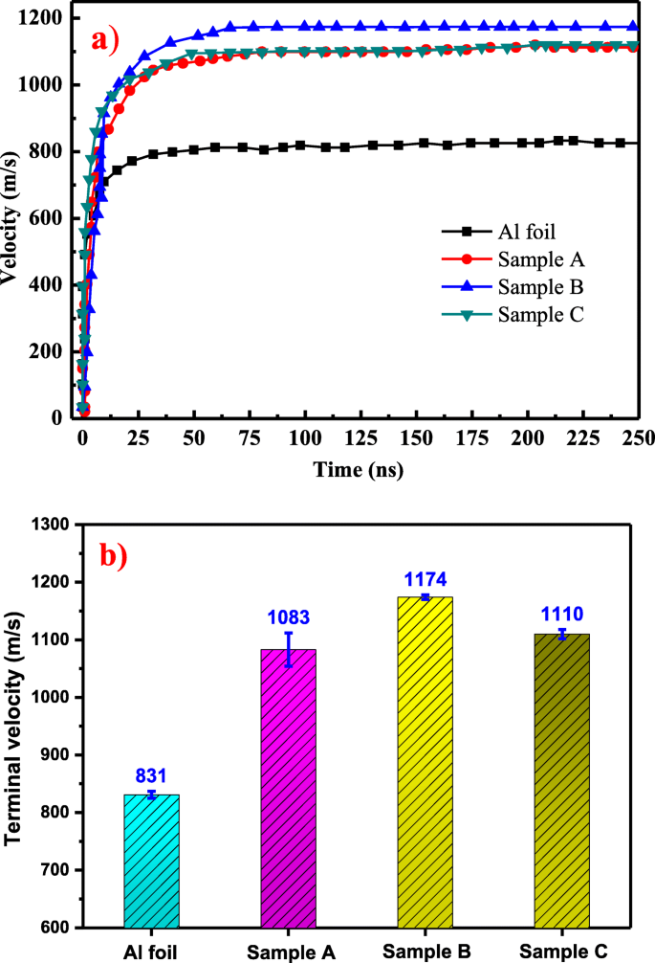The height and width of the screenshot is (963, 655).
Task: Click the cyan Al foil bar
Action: (x=151, y=861)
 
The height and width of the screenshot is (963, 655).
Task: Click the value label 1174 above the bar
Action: (x=425, y=580)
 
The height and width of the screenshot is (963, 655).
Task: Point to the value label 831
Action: (x=151, y=777)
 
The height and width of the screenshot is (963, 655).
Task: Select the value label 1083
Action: (x=288, y=618)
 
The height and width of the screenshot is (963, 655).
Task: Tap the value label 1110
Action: (x=561, y=614)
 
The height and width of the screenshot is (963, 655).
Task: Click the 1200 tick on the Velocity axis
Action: (x=45, y=18)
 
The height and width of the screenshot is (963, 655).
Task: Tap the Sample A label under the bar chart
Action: (x=288, y=952)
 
